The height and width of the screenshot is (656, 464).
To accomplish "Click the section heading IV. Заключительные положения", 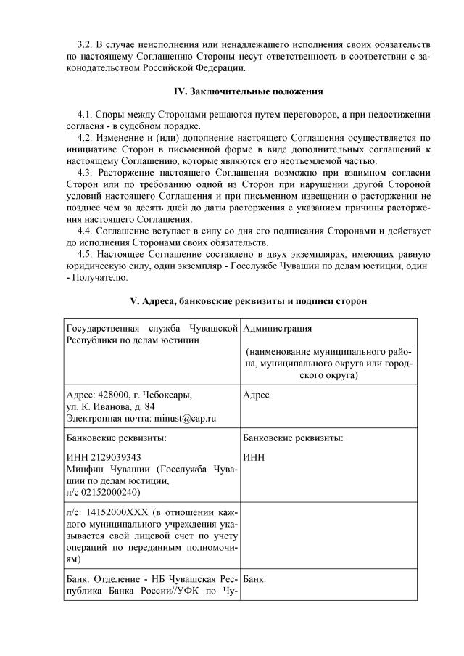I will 248,92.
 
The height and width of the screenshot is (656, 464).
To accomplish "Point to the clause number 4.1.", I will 86,115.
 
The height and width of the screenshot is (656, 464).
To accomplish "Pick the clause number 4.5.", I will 86,254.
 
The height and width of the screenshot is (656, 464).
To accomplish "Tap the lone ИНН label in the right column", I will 254,458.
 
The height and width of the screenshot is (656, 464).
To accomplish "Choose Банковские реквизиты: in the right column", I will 293,438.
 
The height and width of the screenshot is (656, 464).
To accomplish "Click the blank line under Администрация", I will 328,343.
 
